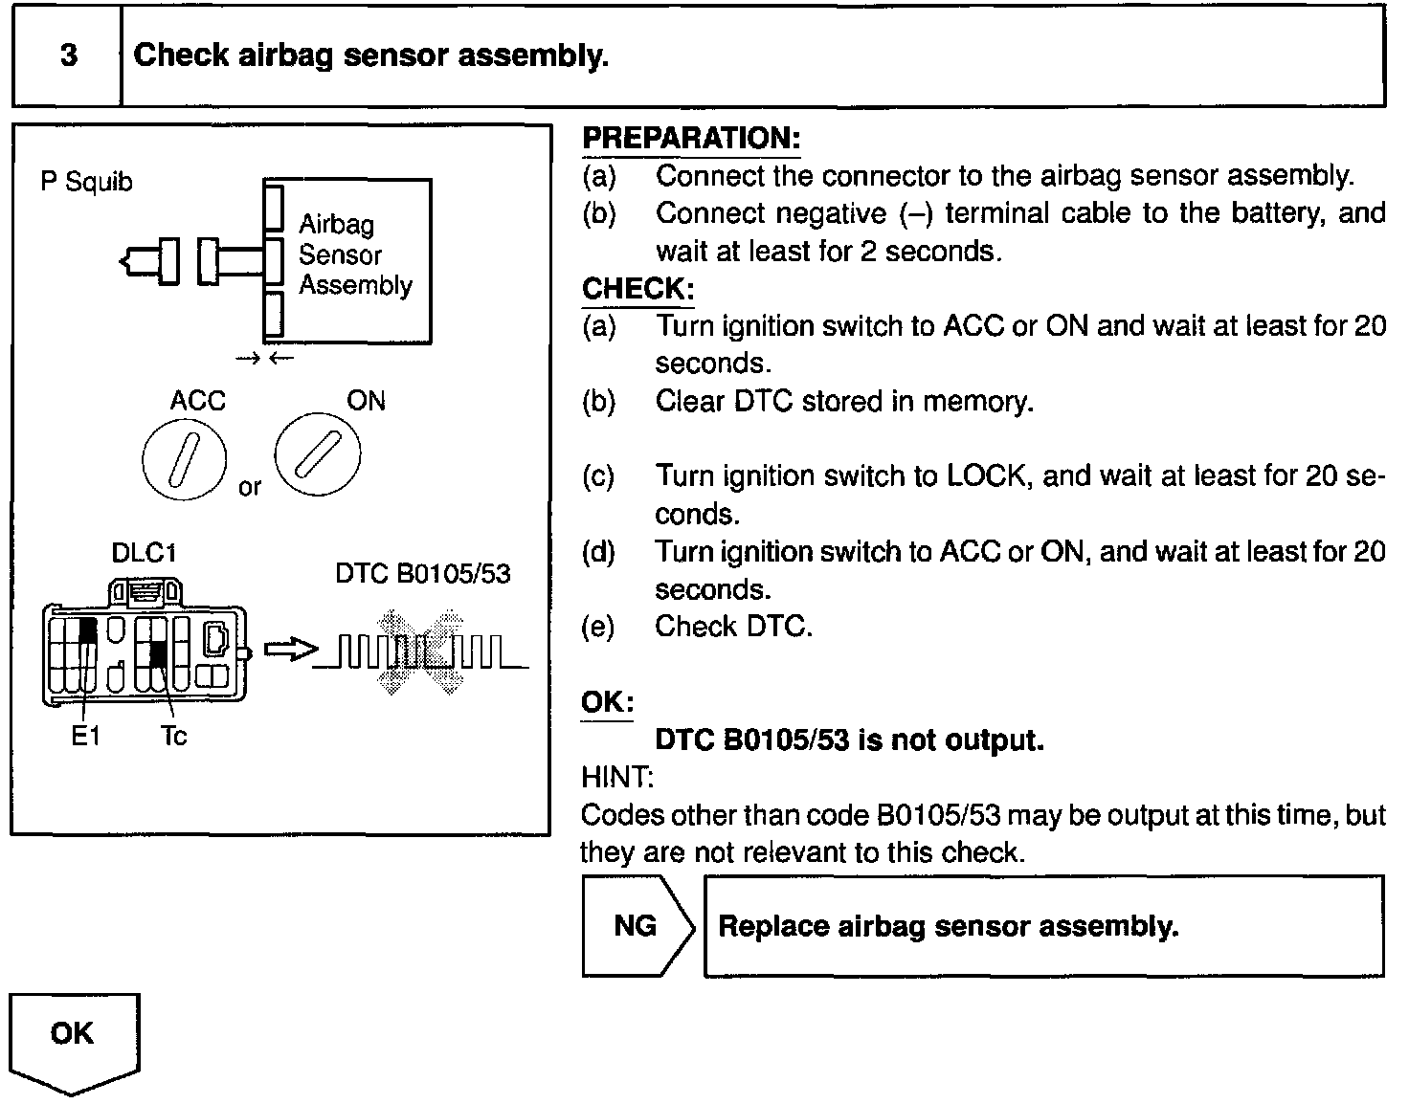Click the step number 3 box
[x=68, y=55]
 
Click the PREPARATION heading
[x=690, y=138]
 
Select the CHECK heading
[x=637, y=289]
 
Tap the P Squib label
[x=86, y=181]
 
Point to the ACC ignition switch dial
[x=185, y=460]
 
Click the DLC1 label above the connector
[x=144, y=553]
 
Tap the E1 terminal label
[x=86, y=736]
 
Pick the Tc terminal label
[x=173, y=736]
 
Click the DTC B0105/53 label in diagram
[x=422, y=574]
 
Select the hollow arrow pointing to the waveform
[x=289, y=651]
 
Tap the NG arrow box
[x=637, y=926]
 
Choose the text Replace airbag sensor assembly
[x=948, y=926]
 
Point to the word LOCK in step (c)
[x=986, y=476]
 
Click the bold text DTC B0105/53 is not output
[x=848, y=740]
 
